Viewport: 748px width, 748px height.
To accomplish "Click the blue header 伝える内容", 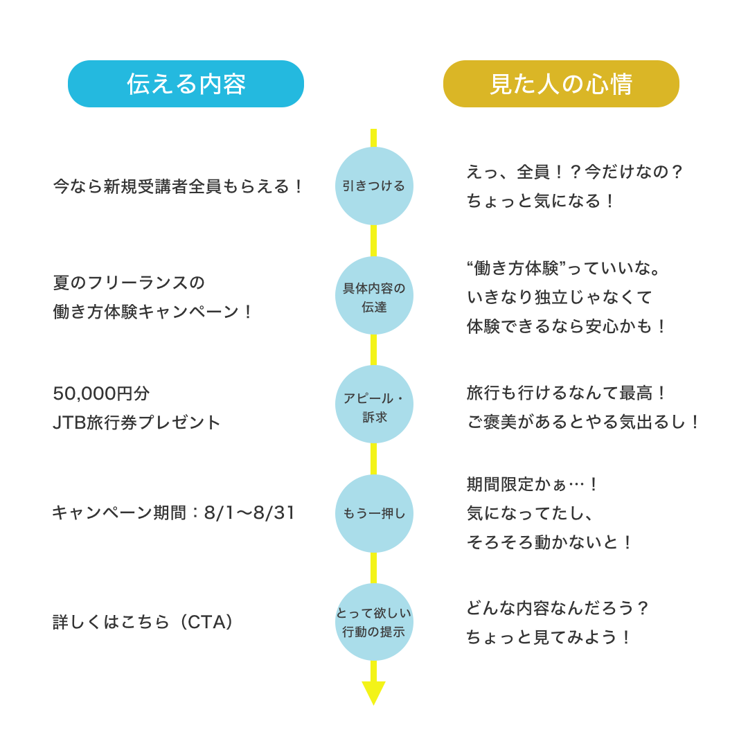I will (x=186, y=84).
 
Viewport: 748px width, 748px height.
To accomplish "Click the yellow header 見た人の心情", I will (x=561, y=84).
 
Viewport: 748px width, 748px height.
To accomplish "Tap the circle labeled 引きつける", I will (x=374, y=186).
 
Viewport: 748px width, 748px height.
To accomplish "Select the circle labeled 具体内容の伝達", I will (x=374, y=296).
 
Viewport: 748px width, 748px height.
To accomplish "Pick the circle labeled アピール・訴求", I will (x=374, y=404).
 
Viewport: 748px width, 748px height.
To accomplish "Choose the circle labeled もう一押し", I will (x=374, y=513).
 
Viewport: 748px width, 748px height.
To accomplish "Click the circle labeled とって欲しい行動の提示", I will (x=374, y=622).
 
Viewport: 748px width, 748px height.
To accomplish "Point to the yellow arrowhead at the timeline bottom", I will (x=374, y=692).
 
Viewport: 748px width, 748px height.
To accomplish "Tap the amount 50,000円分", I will (x=101, y=393).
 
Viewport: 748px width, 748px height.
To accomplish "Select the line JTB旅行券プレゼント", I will (x=137, y=422).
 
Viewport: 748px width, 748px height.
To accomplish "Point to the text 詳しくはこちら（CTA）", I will (x=143, y=622).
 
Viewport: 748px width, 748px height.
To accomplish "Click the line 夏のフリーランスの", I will (x=129, y=283).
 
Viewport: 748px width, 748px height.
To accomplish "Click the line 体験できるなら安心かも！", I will (x=567, y=326).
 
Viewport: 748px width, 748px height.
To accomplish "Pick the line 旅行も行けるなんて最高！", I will (x=567, y=393).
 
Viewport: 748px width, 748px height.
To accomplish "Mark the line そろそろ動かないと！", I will (x=551, y=542).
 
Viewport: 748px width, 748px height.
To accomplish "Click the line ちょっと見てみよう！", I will (x=550, y=637).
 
